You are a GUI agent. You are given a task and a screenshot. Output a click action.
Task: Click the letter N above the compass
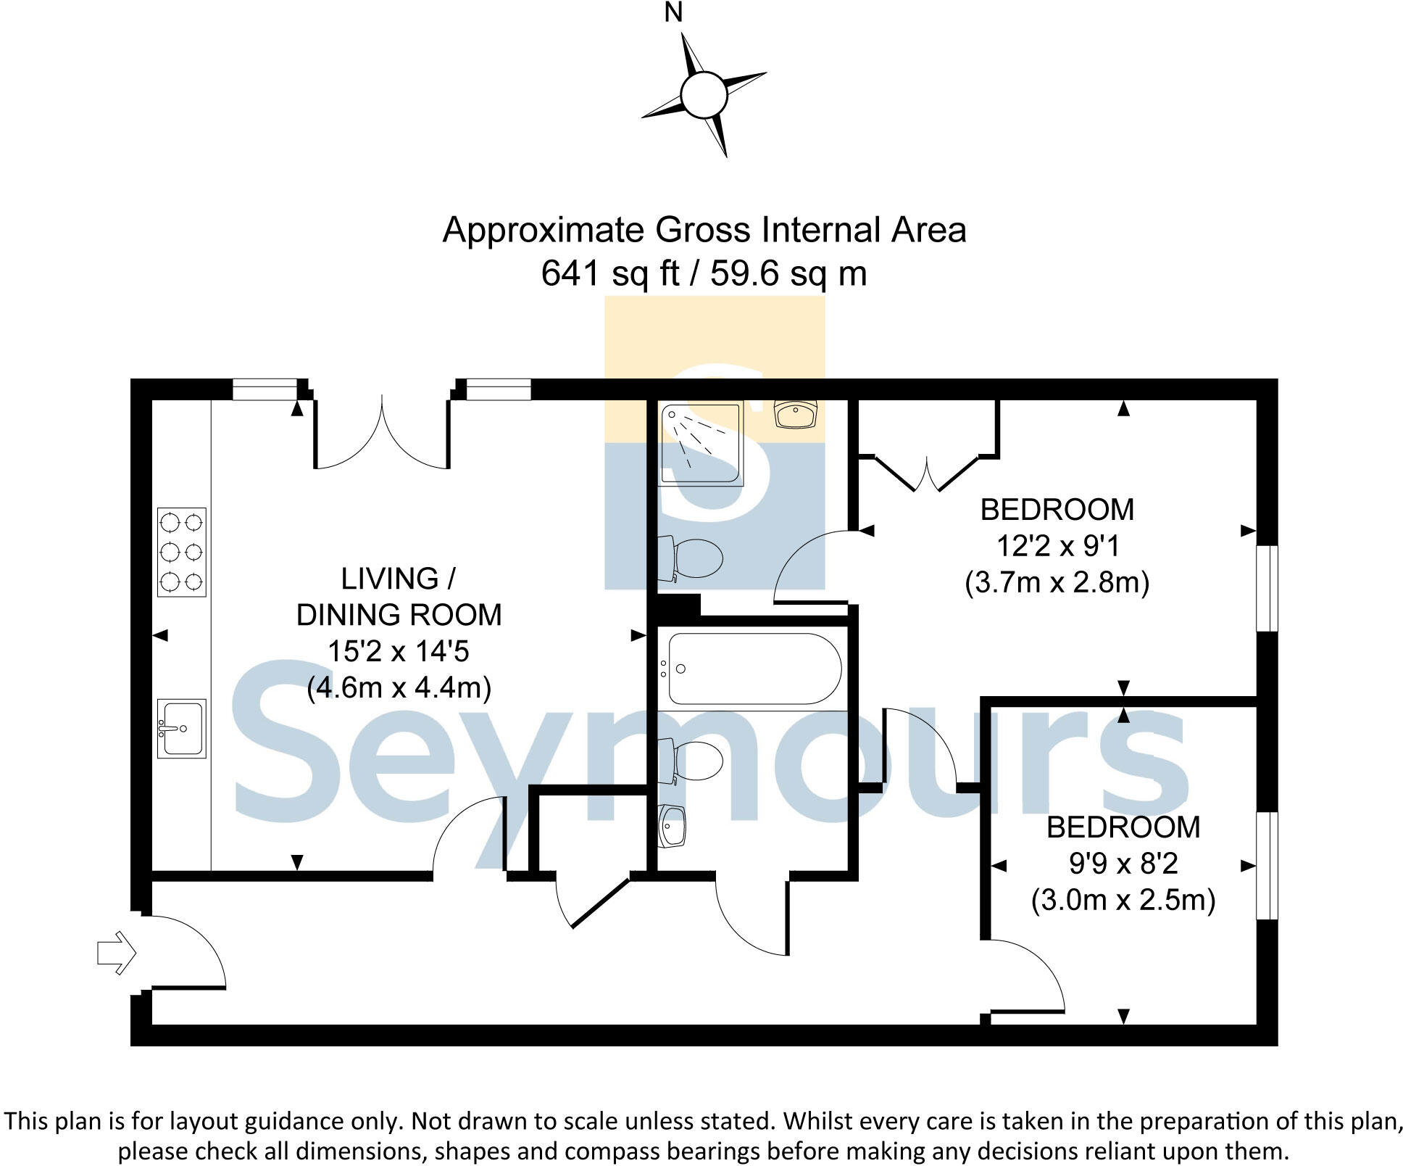click(673, 13)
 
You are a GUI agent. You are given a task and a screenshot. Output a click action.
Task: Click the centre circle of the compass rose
click(704, 95)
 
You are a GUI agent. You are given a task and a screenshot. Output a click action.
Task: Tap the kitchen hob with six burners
click(182, 552)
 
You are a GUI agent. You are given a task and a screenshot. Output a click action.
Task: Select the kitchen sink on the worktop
click(182, 728)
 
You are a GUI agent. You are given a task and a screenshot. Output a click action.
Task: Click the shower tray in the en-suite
click(701, 444)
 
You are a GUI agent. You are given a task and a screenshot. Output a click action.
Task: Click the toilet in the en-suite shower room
click(690, 559)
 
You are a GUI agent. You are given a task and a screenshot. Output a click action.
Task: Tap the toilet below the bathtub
click(690, 761)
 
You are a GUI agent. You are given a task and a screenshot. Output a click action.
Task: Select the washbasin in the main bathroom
click(672, 826)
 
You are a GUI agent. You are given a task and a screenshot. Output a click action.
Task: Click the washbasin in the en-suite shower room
click(796, 414)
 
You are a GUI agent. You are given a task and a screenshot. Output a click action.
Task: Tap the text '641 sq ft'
click(610, 274)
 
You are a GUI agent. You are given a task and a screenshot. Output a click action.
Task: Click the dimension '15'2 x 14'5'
click(399, 651)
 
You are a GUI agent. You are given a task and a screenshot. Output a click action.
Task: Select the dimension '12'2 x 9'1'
click(1058, 546)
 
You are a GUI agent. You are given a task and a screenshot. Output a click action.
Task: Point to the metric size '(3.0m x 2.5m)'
click(1123, 900)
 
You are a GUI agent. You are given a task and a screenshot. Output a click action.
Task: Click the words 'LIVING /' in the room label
click(399, 579)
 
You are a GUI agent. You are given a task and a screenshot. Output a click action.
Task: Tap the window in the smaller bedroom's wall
click(1267, 866)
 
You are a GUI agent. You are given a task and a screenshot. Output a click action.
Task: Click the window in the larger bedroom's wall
click(1267, 589)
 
